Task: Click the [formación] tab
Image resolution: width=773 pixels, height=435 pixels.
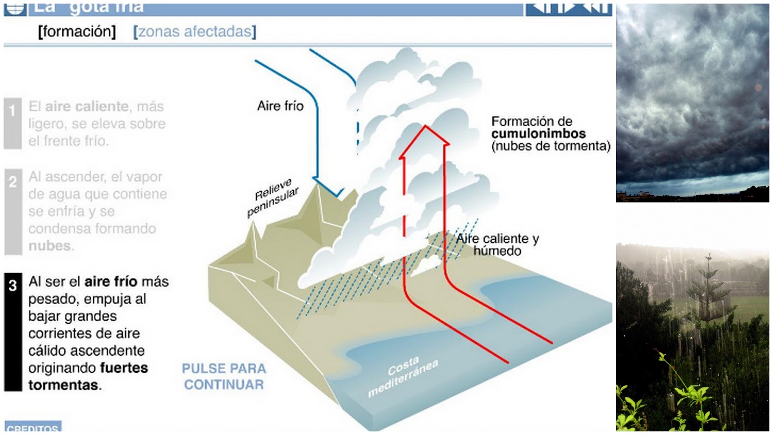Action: point(77,32)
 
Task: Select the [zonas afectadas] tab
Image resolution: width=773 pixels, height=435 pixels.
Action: point(195,32)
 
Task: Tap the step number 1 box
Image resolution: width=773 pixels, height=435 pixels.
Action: point(12,123)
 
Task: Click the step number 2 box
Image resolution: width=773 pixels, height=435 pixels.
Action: point(13,211)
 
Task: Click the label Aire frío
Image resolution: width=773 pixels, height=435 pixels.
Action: point(280,106)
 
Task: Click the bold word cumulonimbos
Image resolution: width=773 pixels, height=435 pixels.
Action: point(538,133)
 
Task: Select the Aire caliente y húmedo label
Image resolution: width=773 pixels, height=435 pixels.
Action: point(498,245)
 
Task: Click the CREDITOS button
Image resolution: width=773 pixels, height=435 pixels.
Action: point(33,427)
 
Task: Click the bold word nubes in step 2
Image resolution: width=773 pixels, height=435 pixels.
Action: point(50,246)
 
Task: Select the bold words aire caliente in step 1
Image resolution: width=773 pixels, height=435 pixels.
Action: point(87,106)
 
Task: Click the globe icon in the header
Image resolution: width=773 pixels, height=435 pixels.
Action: point(14,8)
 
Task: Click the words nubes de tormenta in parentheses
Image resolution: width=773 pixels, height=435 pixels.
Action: point(551,146)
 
